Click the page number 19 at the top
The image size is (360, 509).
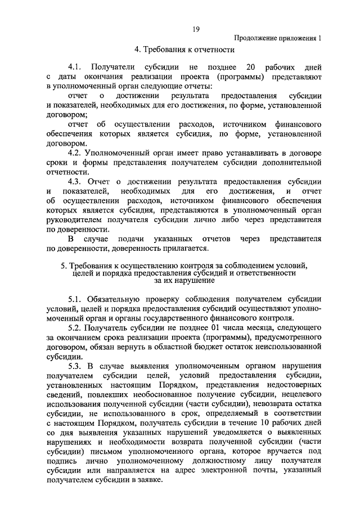(x=196, y=29)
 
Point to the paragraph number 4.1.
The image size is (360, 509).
(x=75, y=66)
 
